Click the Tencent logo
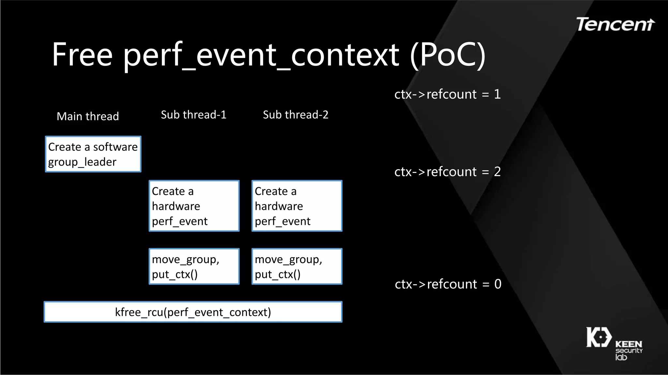615,25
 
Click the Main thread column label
88,116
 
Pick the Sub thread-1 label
193,115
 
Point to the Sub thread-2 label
296,115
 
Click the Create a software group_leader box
93,154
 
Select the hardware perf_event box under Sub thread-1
194,206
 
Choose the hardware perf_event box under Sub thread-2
297,206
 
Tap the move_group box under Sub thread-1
194,266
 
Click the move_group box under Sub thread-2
297,266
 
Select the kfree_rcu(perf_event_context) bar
193,312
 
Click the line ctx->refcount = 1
448,94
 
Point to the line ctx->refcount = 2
448,172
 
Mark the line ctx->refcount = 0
448,284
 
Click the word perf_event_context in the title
261,55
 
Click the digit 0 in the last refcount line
498,284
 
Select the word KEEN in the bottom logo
629,344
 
